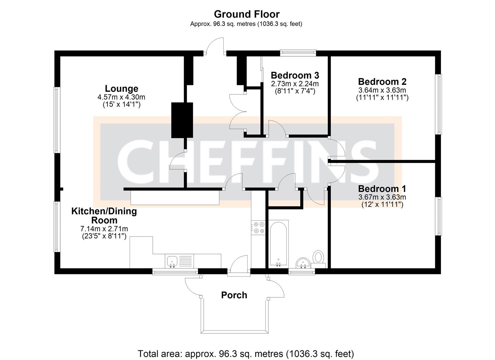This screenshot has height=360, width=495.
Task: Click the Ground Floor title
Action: click(x=246, y=14)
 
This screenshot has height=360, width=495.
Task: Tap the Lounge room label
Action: click(x=121, y=89)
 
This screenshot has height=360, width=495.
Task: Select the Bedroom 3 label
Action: click(x=295, y=75)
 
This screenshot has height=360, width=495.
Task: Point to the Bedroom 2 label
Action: click(x=382, y=82)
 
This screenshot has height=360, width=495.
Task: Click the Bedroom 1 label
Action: click(x=382, y=189)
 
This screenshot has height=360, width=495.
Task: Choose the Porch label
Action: click(x=234, y=295)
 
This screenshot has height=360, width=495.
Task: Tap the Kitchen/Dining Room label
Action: click(x=104, y=216)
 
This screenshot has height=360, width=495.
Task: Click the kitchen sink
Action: click(x=172, y=261)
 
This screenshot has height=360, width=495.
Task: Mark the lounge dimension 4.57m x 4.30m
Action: click(x=121, y=97)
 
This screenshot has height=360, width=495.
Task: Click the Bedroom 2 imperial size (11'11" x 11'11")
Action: click(x=382, y=97)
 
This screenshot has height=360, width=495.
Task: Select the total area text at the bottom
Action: click(x=246, y=353)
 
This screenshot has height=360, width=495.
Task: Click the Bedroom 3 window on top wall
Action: click(x=298, y=52)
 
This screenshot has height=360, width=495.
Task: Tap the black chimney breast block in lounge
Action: click(x=182, y=120)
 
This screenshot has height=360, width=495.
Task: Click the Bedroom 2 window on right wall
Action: click(x=439, y=104)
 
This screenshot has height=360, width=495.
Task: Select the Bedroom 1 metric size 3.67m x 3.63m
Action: click(x=382, y=197)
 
